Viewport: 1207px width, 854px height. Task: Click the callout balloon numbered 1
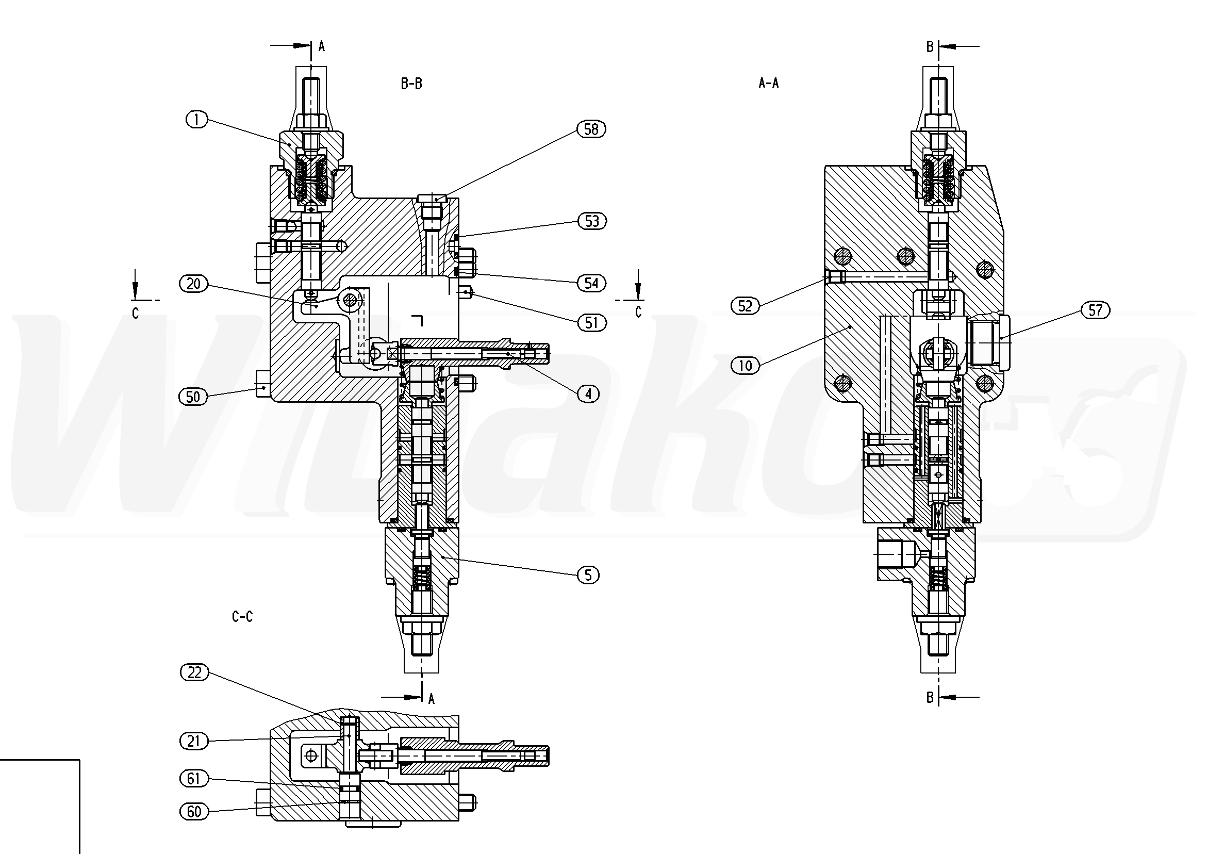196,120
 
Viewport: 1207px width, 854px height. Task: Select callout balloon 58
591,129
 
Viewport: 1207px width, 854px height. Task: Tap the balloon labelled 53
592,221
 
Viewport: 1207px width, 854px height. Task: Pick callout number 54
591,284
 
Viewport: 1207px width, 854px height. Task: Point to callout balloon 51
592,322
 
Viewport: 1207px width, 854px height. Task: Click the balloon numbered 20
194,284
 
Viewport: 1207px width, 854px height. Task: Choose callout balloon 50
193,397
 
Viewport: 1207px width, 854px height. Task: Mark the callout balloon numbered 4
588,394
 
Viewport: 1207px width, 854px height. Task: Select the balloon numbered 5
588,575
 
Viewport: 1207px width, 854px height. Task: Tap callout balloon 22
194,672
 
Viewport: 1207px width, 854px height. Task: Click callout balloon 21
194,741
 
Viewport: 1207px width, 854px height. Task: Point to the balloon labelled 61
194,778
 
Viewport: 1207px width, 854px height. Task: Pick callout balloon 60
194,811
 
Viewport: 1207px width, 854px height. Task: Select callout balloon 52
746,305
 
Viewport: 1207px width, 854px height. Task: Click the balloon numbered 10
746,366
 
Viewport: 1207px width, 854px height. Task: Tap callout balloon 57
1096,310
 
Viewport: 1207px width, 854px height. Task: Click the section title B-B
411,84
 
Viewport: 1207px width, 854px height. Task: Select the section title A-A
769,83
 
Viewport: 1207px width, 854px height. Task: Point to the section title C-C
242,616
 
